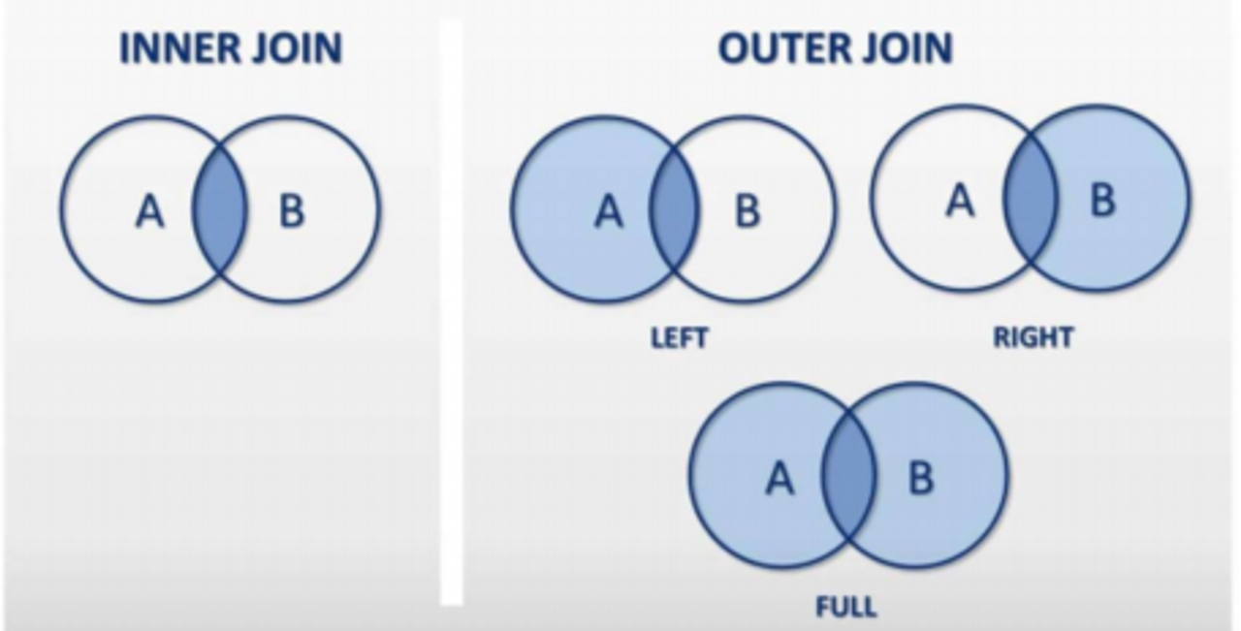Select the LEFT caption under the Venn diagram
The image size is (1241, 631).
(x=679, y=338)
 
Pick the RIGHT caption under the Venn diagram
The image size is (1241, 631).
(x=1034, y=337)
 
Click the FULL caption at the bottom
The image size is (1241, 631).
(x=846, y=608)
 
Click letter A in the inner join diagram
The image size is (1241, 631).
(x=149, y=210)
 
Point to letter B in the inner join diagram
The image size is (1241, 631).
(x=292, y=210)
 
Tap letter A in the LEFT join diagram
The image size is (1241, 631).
(x=608, y=210)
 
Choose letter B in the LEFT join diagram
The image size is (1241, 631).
(x=748, y=210)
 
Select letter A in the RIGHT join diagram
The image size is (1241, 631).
(x=959, y=201)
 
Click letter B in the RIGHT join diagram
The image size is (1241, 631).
(x=1102, y=201)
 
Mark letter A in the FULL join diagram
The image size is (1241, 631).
(x=780, y=478)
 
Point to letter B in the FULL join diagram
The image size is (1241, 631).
(x=920, y=478)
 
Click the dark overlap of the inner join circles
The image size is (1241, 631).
(x=220, y=209)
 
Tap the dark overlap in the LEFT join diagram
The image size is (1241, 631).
(x=673, y=209)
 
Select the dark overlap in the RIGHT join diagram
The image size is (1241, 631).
(x=1030, y=200)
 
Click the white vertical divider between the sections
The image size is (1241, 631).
(x=452, y=320)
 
